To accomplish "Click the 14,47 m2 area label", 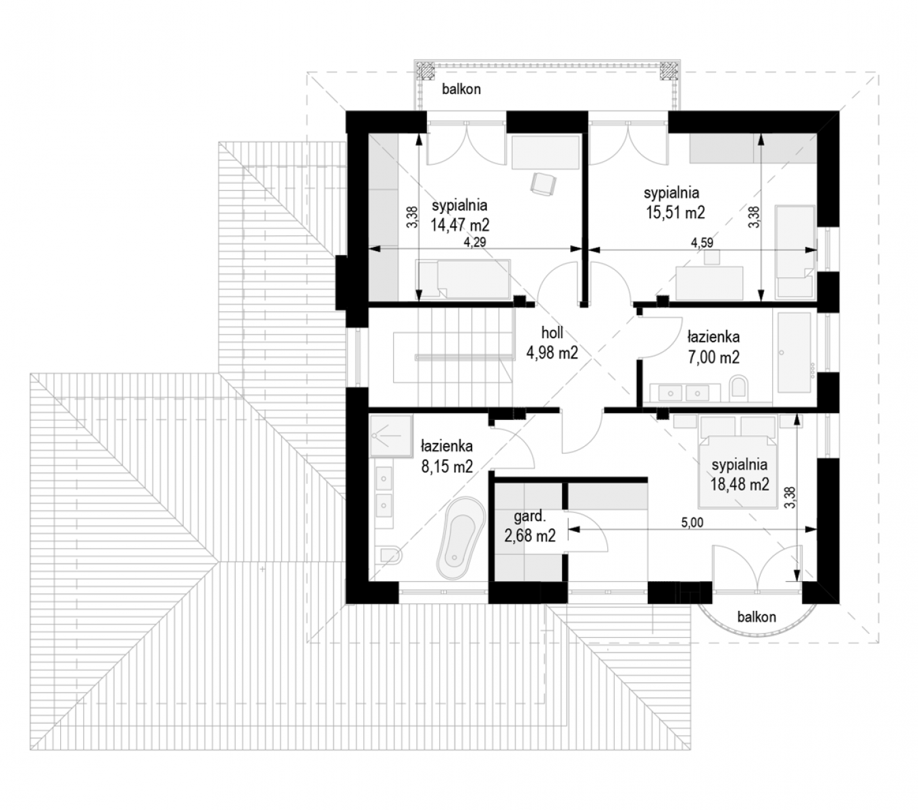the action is tap(459, 225).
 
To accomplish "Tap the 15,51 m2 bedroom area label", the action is tap(675, 212).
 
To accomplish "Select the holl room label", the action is tap(552, 333).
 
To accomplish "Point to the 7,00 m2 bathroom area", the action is tap(713, 357).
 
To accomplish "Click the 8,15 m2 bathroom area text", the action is tap(447, 466).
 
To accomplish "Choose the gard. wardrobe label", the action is tap(529, 516).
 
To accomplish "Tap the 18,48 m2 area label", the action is tap(740, 485).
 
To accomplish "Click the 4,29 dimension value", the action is tap(474, 242).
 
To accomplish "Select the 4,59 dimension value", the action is tap(701, 243).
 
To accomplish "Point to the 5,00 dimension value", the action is tap(692, 522).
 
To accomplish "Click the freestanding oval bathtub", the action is tap(461, 539).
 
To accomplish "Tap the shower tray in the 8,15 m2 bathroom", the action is tap(391, 435).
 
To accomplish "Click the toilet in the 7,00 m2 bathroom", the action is tap(738, 388).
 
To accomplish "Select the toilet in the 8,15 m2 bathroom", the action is tap(391, 556).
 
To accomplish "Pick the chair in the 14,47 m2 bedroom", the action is tap(543, 184).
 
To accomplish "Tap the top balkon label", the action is tap(461, 89).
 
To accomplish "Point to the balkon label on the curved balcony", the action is tap(757, 617).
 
